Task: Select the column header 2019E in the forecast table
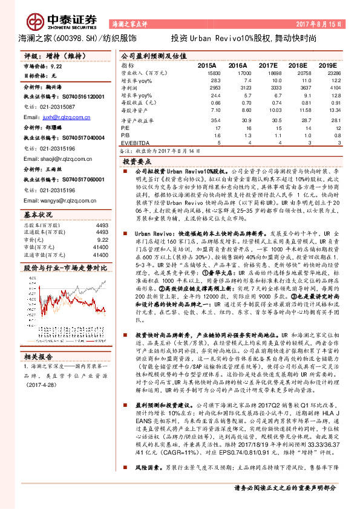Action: click(x=327, y=64)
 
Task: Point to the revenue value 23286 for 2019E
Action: click(x=329, y=72)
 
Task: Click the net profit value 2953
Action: click(x=213, y=88)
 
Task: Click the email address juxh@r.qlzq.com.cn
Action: click(x=67, y=117)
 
